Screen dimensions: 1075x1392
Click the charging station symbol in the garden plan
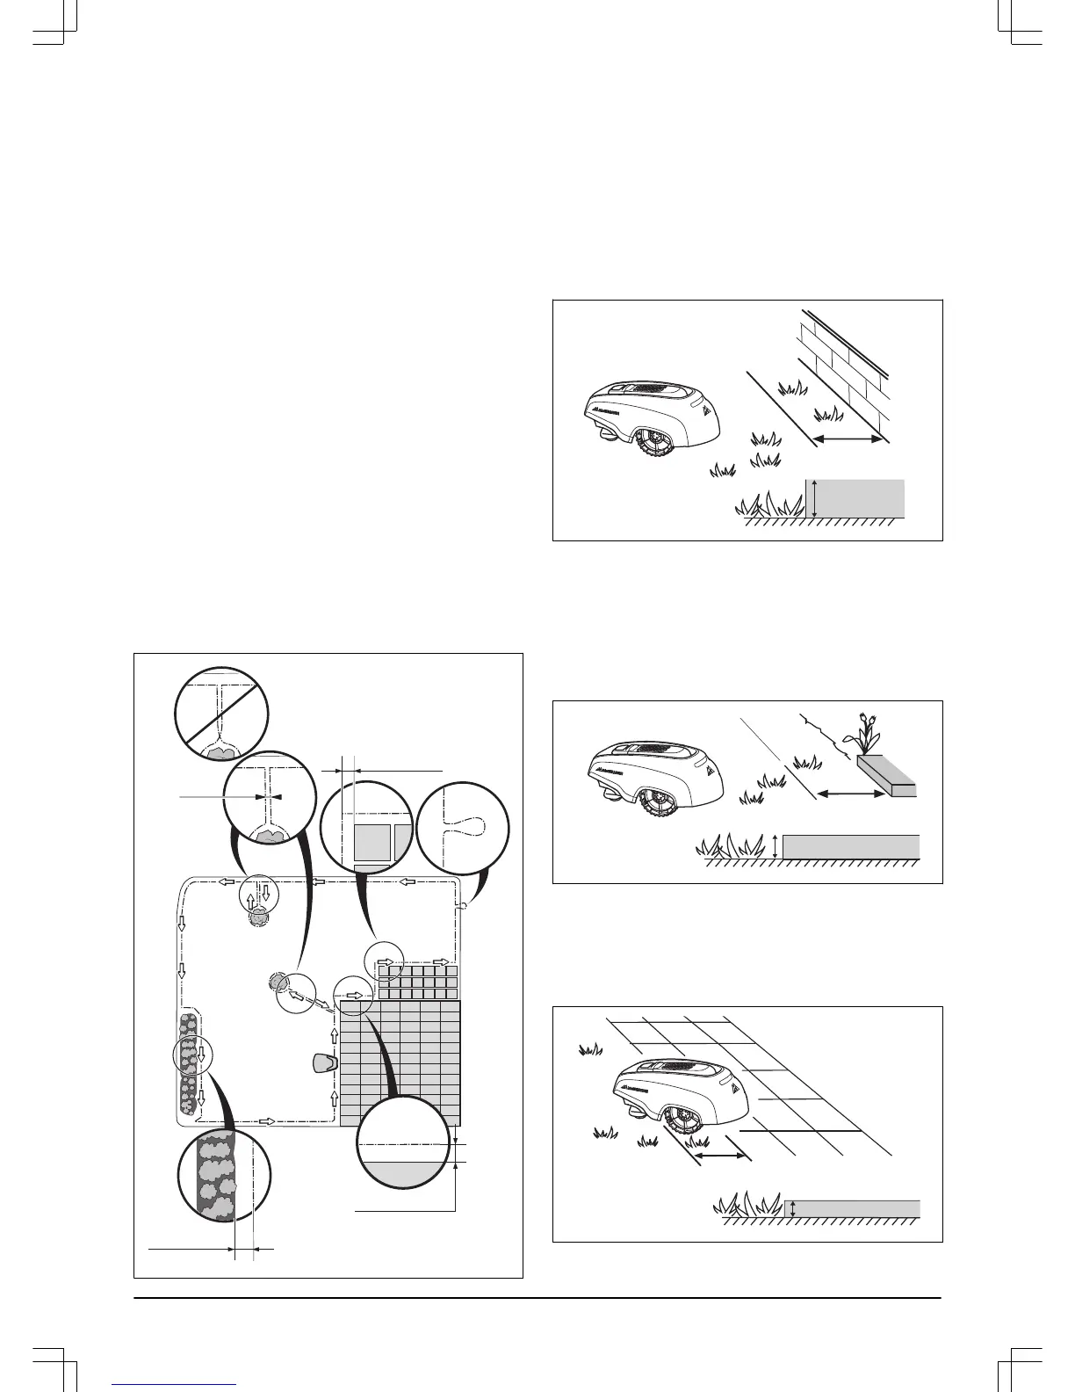click(x=323, y=1062)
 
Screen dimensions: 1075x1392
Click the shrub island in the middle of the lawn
click(x=278, y=981)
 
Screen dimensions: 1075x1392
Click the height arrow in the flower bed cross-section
click(x=776, y=846)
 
